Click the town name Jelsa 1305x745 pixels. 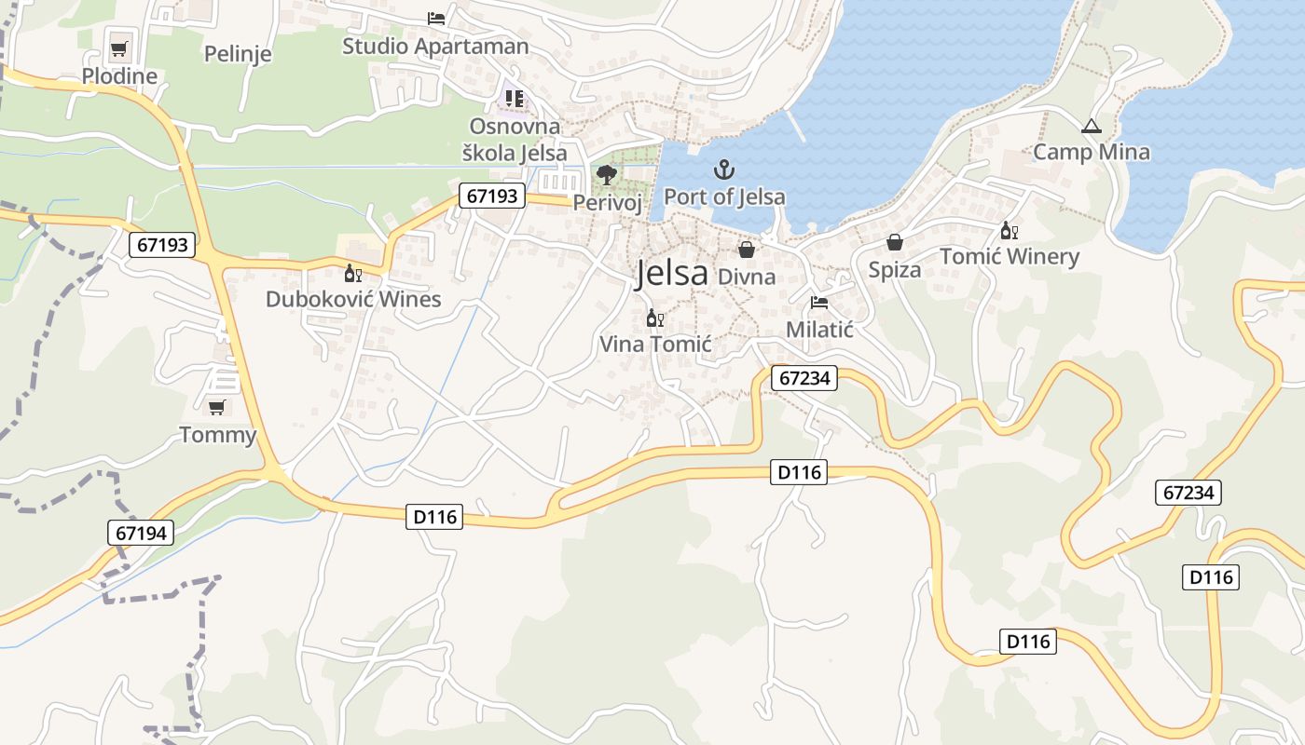coord(671,273)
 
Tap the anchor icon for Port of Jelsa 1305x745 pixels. coord(724,169)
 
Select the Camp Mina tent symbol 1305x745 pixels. coord(1092,126)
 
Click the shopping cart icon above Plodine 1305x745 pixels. coord(118,48)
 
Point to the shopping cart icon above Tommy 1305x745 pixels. coord(217,407)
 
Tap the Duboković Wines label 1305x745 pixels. coord(353,299)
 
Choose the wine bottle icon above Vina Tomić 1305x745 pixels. coord(654,318)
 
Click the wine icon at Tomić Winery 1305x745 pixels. coord(1009,230)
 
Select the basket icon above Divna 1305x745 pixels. coord(747,250)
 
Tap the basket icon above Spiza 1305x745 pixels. coord(895,242)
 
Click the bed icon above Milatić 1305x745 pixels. coord(819,302)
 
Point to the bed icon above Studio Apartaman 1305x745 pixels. coord(435,18)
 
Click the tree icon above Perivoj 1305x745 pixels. coord(607,174)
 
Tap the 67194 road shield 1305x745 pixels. coord(141,533)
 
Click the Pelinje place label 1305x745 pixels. coord(238,53)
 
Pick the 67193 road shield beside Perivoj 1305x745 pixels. coord(492,196)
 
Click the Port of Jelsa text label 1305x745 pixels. coord(724,196)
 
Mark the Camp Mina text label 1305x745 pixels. coord(1092,152)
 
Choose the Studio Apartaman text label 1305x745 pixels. coord(435,46)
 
